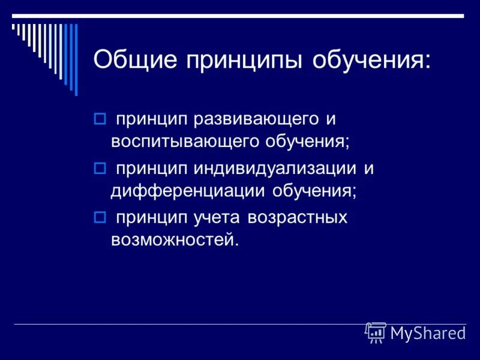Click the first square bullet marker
[x=100, y=118]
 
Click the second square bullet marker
[x=100, y=168]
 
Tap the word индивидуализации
[x=275, y=169]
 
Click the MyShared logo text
[x=427, y=332]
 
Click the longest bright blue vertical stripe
[x=76, y=59]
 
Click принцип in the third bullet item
[x=152, y=217]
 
